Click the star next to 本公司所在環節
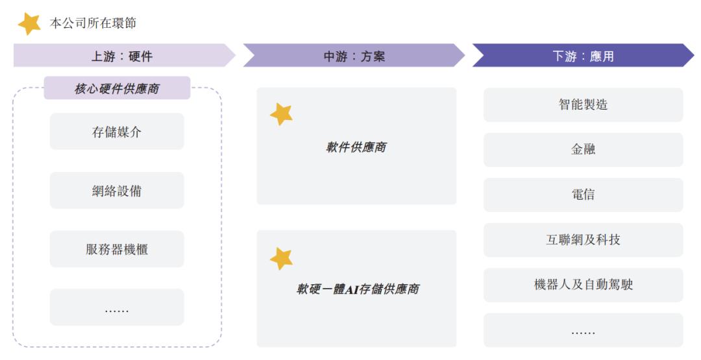[x=29, y=23]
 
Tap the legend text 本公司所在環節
[x=93, y=23]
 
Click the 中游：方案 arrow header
[x=354, y=55]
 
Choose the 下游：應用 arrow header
[x=583, y=55]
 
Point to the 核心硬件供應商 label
[x=117, y=88]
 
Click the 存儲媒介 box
[x=117, y=131]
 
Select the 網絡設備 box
[x=117, y=190]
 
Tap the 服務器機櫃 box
[x=117, y=249]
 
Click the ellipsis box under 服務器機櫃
[x=117, y=307]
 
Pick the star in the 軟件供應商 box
[x=282, y=114]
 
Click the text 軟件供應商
[x=356, y=147]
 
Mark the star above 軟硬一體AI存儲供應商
[x=282, y=259]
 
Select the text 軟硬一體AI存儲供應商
[x=358, y=289]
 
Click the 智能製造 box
[x=584, y=105]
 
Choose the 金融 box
[x=584, y=150]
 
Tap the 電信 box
[x=584, y=195]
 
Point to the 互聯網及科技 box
[x=584, y=240]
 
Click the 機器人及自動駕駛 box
[x=584, y=285]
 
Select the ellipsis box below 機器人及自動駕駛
[x=584, y=330]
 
